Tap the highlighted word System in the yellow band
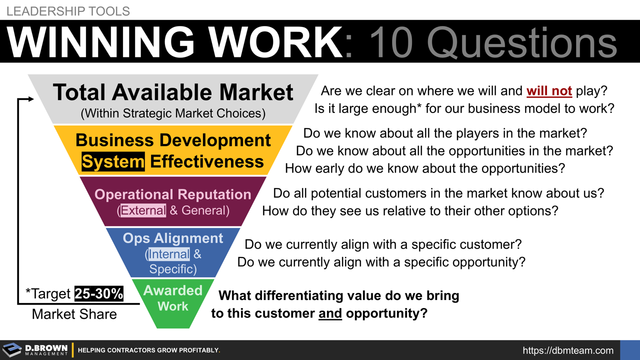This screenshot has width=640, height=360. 113,161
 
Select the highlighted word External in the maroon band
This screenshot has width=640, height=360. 143,210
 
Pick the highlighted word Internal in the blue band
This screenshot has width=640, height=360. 169,254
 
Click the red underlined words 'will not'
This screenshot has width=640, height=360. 549,91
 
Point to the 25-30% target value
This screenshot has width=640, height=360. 99,293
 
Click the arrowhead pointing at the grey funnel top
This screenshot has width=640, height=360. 31,99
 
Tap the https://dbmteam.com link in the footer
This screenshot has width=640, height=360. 568,350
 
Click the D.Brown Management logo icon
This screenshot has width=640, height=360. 12,349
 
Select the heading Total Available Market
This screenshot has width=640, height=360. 173,92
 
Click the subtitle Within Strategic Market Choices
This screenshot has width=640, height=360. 173,113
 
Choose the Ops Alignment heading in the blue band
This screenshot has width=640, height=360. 173,238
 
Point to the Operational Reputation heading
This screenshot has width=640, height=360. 173,194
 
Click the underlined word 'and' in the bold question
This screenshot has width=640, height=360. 330,314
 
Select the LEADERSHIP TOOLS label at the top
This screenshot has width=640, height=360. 68,10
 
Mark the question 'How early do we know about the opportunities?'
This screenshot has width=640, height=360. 424,168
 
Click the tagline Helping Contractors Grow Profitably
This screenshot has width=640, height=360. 149,350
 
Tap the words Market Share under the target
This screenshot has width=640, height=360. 74,314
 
